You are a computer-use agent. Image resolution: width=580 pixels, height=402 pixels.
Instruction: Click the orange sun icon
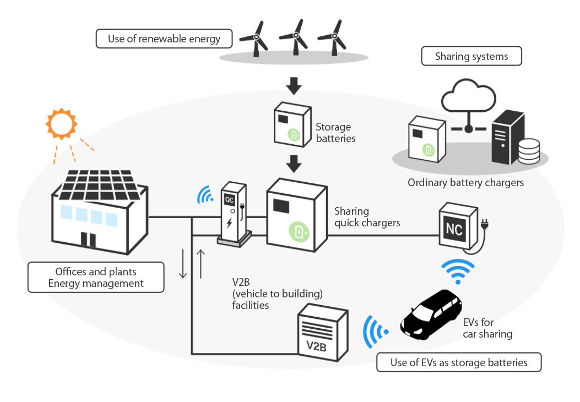[x=61, y=124]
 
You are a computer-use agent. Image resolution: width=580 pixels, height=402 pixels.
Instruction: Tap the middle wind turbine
[x=295, y=37]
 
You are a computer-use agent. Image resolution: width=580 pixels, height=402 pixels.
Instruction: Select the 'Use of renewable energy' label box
[x=164, y=39]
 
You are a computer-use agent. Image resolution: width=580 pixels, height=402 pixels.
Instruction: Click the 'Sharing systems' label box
[x=471, y=57]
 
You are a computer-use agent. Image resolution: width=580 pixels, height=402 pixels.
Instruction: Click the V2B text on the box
[x=316, y=347]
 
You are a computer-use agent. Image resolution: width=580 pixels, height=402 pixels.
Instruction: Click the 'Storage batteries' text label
[x=335, y=133]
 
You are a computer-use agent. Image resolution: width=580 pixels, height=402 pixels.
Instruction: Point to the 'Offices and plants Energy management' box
[x=96, y=278]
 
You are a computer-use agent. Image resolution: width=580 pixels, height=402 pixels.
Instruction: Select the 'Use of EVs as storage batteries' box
[x=459, y=362]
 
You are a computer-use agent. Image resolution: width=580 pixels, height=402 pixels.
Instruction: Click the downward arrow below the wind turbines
[x=295, y=85]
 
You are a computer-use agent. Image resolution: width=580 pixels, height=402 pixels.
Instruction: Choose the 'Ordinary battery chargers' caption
[x=465, y=182]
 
